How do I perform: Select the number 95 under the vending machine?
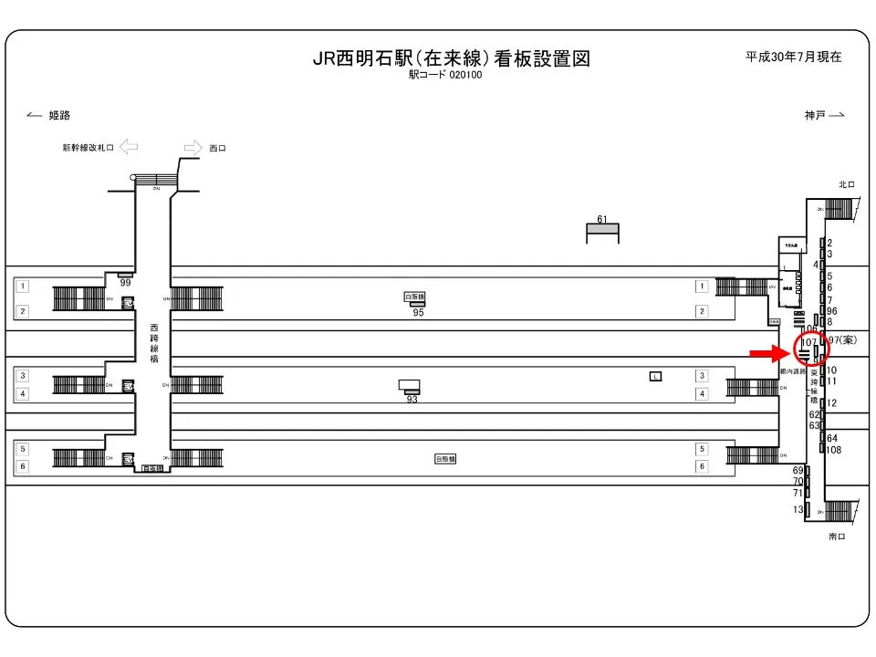click(418, 313)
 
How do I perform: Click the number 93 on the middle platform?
click(412, 399)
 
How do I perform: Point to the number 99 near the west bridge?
click(126, 284)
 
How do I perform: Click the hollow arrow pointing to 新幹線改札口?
click(129, 147)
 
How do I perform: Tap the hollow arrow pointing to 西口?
click(193, 147)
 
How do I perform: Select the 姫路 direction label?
click(59, 115)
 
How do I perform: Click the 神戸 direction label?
click(815, 115)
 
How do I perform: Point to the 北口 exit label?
click(846, 185)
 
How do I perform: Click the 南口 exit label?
click(837, 537)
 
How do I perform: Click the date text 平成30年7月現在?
click(793, 57)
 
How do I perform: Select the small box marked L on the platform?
click(655, 376)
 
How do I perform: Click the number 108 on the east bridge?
click(833, 450)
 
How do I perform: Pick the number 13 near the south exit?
click(798, 509)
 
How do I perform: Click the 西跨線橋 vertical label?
click(153, 339)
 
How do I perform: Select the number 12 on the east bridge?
click(831, 402)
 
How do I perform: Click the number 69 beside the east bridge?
click(797, 470)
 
